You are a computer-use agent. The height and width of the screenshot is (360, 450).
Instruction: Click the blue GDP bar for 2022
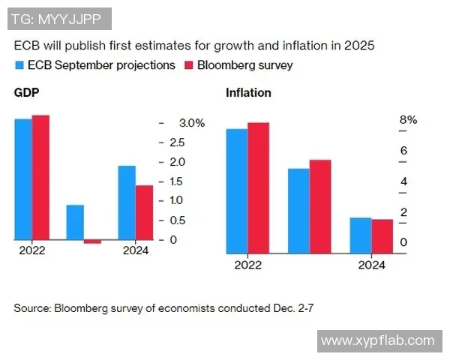[23, 179]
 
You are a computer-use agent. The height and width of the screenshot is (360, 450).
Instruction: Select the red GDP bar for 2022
[40, 178]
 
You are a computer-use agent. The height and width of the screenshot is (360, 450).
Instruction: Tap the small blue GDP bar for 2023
[75, 222]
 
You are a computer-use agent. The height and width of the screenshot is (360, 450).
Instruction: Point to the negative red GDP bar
[92, 241]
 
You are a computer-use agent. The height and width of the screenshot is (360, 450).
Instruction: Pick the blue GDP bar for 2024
[127, 202]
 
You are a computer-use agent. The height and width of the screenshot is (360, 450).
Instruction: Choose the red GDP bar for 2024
[144, 212]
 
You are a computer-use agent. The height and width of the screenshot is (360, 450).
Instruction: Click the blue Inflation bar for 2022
[237, 190]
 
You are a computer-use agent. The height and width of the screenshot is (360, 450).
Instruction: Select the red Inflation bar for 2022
[258, 187]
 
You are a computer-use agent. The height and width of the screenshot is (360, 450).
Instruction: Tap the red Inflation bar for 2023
[320, 206]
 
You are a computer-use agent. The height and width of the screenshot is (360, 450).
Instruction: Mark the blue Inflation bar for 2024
[361, 235]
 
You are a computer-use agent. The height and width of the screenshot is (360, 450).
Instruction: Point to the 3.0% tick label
[190, 123]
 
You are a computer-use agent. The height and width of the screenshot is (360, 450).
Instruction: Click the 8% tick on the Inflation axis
[408, 120]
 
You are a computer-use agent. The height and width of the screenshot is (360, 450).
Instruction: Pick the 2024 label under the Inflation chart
[371, 265]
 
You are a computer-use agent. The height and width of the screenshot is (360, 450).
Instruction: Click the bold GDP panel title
[26, 93]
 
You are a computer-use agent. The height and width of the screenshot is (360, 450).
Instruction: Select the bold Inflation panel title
[248, 93]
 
